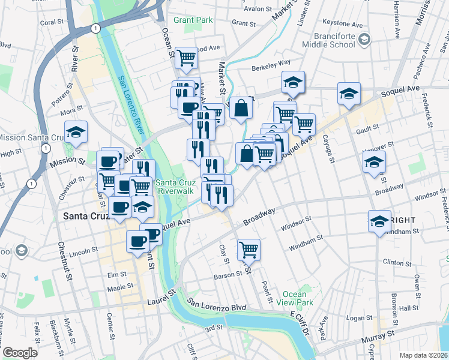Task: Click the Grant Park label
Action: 193,20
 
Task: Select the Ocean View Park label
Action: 295,298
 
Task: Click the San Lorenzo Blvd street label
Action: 217,307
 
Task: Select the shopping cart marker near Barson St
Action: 249,249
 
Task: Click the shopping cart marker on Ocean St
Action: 187,57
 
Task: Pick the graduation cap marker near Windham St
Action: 379,222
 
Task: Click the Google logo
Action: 20,353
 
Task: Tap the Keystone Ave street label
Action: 348,26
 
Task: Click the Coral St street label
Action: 52,22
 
